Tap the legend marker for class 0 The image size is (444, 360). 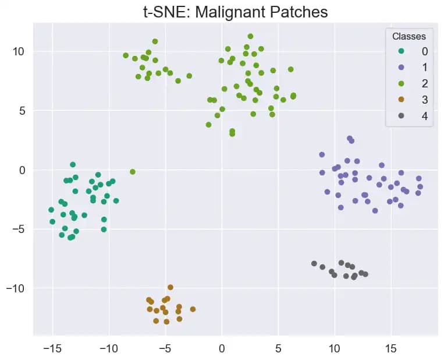click(400, 51)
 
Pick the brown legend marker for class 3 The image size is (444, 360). click(400, 100)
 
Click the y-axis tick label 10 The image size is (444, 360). click(19, 51)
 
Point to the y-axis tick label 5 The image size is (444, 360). click(22, 111)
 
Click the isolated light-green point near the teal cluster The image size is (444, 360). click(133, 172)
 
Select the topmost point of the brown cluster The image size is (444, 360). click(171, 287)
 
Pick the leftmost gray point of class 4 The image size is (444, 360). click(314, 264)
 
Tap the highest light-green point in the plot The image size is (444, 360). click(250, 36)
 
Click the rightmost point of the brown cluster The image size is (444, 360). click(193, 309)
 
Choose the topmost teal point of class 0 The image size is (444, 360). click(73, 165)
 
